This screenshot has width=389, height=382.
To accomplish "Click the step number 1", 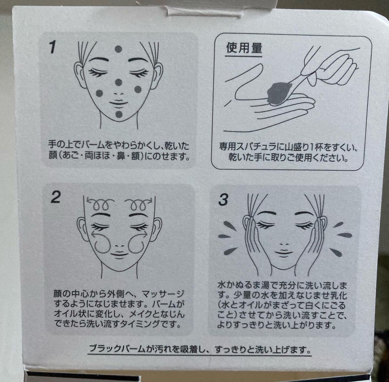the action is (53, 47).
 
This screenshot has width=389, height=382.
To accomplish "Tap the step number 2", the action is (55, 197).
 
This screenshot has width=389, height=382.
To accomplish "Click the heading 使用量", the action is (244, 48).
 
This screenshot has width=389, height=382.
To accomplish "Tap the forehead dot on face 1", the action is (118, 49).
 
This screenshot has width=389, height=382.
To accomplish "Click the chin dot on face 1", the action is (119, 114).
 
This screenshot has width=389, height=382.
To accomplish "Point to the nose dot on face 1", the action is (119, 82).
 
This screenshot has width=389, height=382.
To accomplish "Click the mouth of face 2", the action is (120, 254).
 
